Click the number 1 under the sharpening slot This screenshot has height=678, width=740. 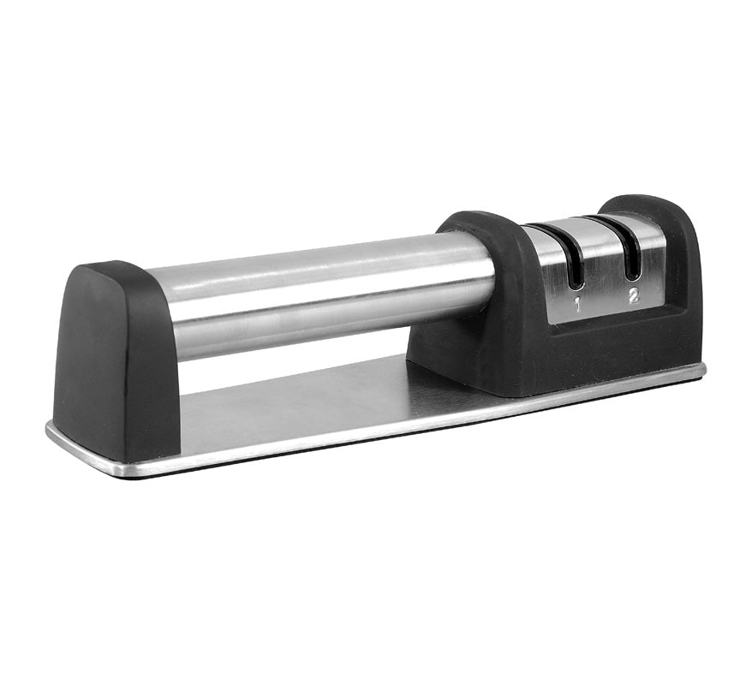pos(577,306)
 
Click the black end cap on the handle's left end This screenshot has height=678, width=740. pos(116,359)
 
